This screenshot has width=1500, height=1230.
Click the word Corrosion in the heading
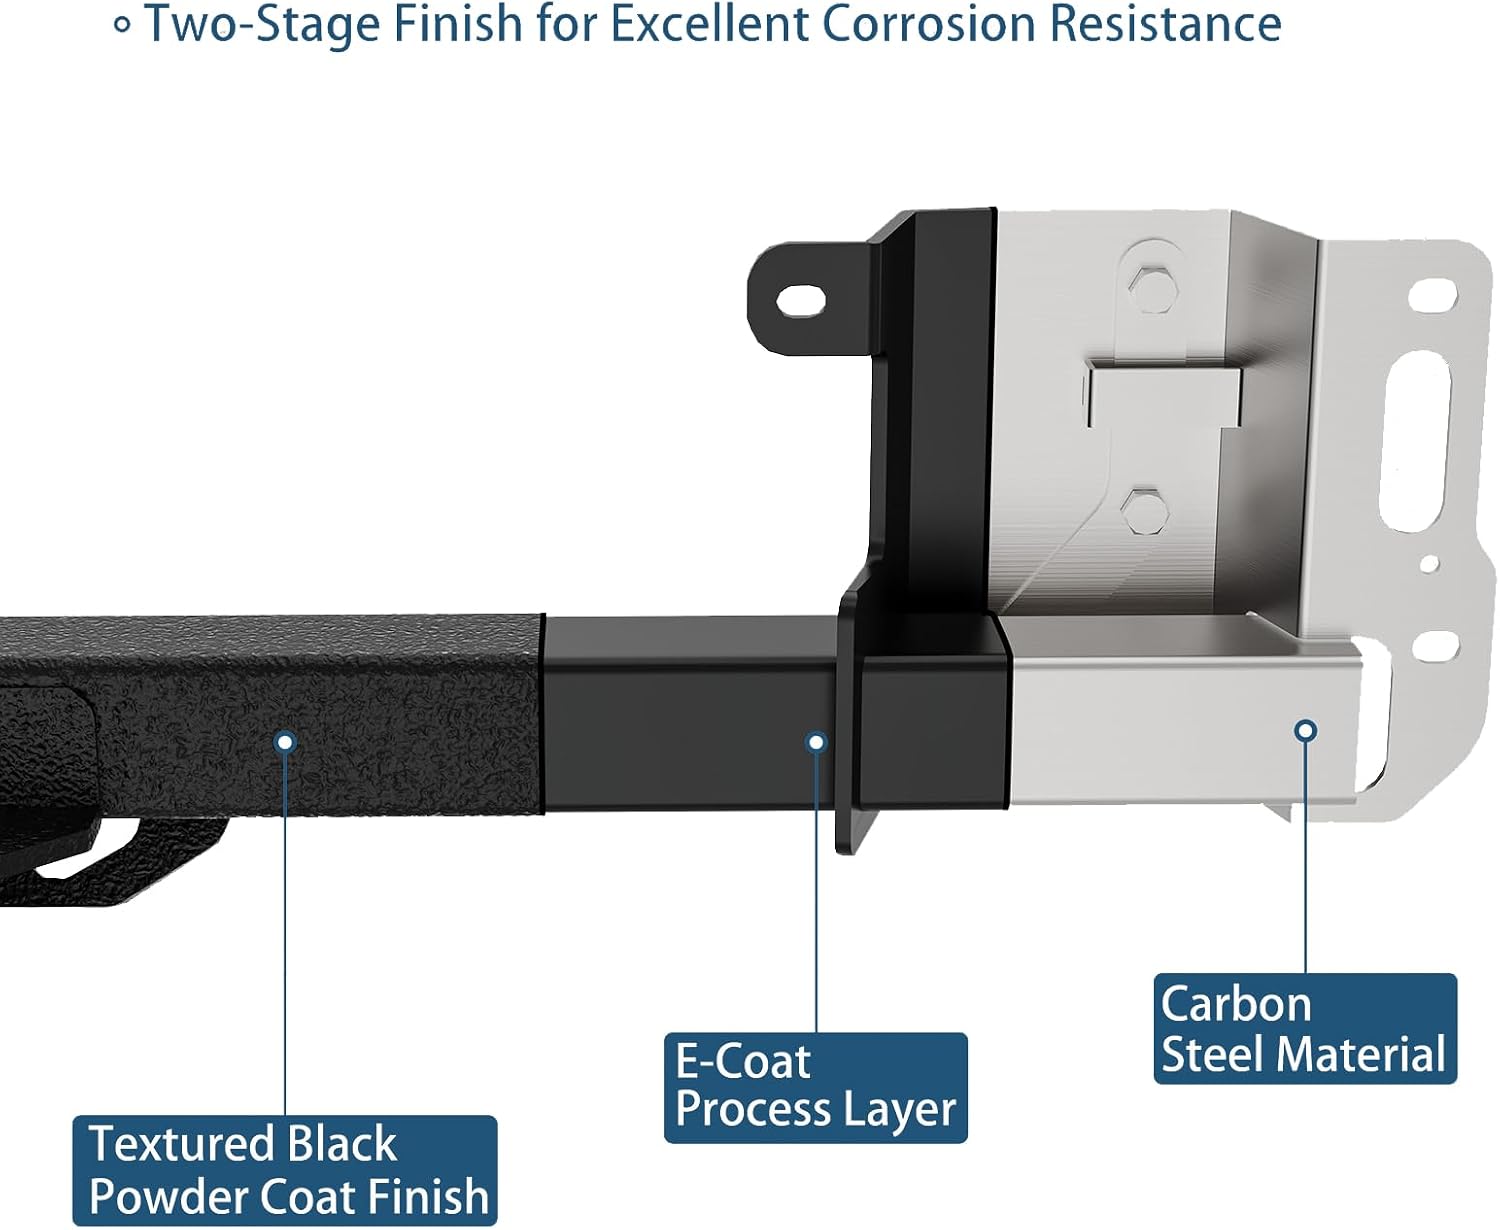(x=929, y=24)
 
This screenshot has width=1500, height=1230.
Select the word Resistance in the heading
(x=1166, y=24)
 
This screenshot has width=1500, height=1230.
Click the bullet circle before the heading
(x=122, y=26)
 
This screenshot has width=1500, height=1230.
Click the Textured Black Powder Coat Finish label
(x=284, y=1170)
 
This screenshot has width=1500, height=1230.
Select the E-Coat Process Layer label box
(x=815, y=1088)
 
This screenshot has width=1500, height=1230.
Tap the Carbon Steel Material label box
(x=1305, y=1029)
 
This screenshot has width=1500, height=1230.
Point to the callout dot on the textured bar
(x=285, y=742)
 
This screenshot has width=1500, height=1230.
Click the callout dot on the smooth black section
(x=817, y=742)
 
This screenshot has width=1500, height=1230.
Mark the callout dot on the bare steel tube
(x=1306, y=731)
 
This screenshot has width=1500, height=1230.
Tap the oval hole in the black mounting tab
(x=801, y=300)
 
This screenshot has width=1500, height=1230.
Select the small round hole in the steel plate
(x=1430, y=564)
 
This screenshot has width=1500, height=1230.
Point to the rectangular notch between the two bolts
(x=1164, y=398)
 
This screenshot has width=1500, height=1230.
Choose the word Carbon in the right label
(x=1236, y=1004)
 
